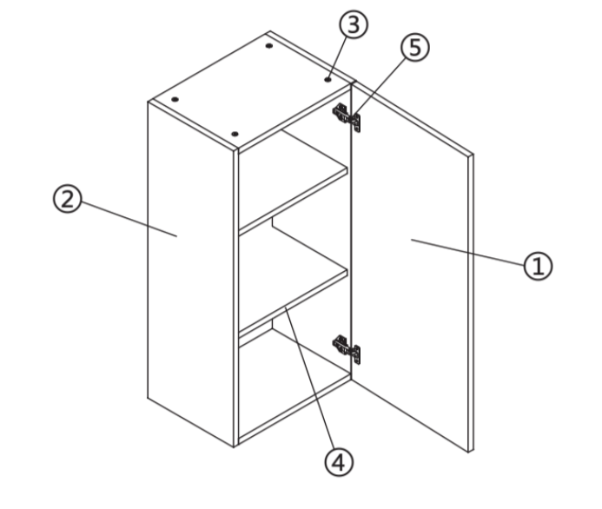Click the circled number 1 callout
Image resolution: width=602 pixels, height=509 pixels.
tap(538, 266)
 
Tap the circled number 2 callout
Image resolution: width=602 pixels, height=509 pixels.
tap(68, 199)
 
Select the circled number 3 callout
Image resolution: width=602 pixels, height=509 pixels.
tap(354, 24)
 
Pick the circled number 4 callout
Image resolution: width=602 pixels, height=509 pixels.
tap(339, 462)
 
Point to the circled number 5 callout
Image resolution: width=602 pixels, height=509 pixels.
tap(415, 47)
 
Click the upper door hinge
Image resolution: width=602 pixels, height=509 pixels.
tap(347, 117)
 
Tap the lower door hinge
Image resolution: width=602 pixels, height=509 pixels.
tap(347, 349)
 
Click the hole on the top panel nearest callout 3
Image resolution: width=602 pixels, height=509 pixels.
tap(327, 79)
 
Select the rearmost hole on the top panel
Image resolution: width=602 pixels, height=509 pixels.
tap(269, 46)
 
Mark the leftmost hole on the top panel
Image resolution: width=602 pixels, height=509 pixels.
tap(175, 99)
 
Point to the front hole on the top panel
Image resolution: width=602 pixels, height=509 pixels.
tap(235, 134)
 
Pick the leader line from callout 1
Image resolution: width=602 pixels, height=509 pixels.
tap(467, 252)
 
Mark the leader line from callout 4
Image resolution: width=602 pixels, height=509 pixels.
tap(310, 378)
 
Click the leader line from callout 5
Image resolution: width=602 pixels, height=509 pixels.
tap(380, 87)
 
